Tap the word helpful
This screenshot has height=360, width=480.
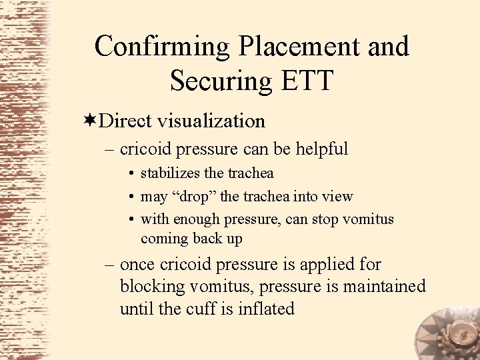click(314, 149)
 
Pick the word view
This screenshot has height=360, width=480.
click(337, 196)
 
